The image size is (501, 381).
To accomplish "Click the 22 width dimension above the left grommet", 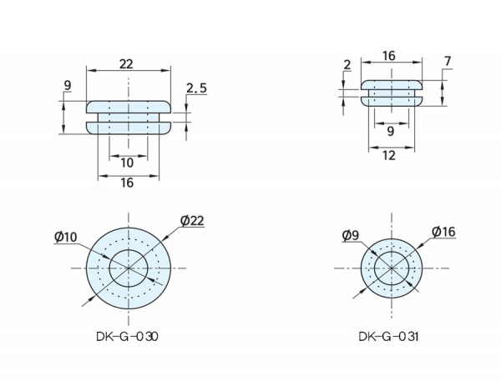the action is [126, 64].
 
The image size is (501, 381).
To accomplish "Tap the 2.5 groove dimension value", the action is [197, 88].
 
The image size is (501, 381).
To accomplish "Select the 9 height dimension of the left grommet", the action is [68, 85].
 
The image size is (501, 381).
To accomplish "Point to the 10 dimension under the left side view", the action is [127, 163].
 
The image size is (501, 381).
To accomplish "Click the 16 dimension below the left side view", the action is [127, 183].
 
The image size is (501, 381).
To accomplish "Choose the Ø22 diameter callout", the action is [192, 221].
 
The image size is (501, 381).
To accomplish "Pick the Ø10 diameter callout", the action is [66, 237].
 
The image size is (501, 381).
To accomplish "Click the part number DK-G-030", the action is [127, 337].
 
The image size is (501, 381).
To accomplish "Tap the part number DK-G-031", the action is [388, 337].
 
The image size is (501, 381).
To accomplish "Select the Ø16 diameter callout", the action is [443, 232].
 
